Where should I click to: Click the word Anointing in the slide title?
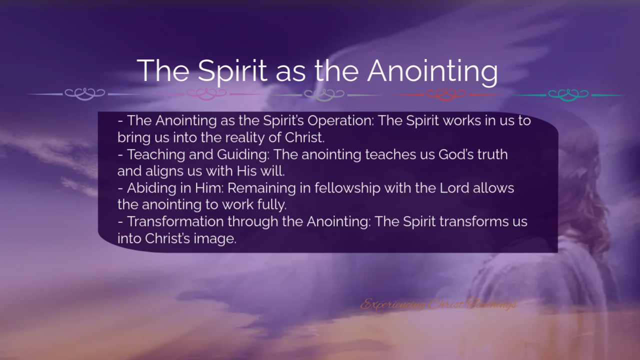point(432,71)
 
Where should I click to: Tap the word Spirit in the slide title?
point(232,71)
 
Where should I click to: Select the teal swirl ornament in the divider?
point(568,94)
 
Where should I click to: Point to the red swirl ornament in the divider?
point(445,94)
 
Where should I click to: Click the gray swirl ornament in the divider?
point(324,94)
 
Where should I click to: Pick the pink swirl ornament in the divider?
point(206,94)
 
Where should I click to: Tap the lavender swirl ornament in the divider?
point(84,94)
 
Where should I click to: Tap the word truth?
point(492,154)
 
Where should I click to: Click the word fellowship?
point(347,188)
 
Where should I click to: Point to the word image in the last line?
point(214,239)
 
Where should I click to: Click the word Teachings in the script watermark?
point(492,304)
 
